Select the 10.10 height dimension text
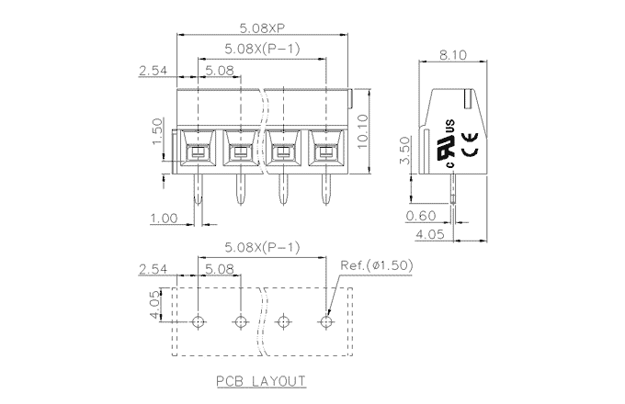tap(363, 129)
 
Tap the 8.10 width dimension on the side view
tap(453, 55)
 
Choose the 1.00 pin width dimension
tap(163, 218)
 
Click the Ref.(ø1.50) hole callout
tap(376, 265)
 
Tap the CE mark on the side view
tap(467, 142)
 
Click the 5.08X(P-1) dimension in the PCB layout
tap(262, 248)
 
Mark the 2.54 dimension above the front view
tap(152, 70)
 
